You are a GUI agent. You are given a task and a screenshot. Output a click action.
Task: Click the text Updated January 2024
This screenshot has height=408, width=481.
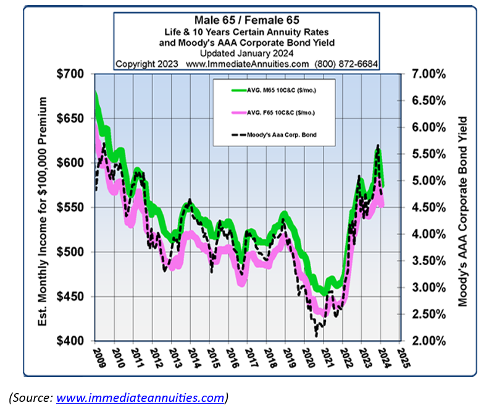(x=246, y=53)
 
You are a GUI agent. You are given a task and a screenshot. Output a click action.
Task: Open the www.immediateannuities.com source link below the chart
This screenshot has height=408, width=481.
(x=141, y=397)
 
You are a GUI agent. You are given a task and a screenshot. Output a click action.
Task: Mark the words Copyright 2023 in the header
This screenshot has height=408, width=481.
(x=147, y=64)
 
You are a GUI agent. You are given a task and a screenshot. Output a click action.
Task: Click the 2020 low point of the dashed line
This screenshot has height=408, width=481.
(x=317, y=335)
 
